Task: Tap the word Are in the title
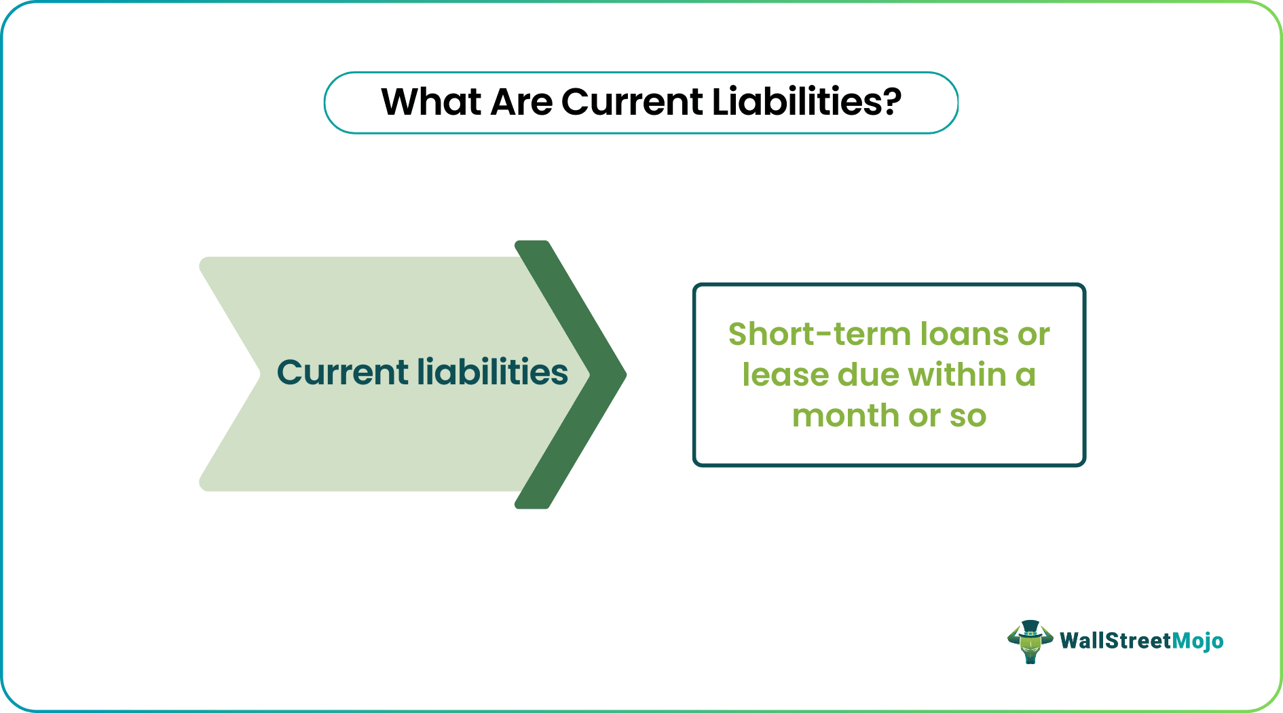521,103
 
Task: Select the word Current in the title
632,103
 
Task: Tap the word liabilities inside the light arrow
493,373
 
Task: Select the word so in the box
968,416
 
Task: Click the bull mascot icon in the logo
1030,642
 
